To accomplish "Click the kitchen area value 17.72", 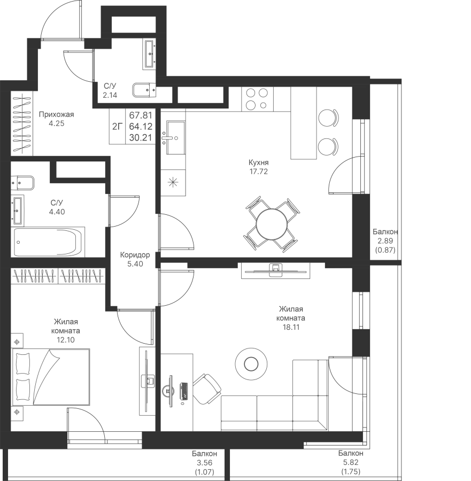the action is click(258, 172).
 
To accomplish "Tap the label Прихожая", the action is click(57, 114).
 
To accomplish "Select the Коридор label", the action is click(135, 255).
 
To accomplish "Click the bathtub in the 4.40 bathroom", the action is click(48, 242).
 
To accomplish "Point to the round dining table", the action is click(272, 224).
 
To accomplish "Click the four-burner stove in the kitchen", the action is click(257, 99).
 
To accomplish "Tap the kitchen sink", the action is click(175, 137).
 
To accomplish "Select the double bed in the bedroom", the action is click(51, 377).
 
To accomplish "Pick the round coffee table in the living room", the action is click(251, 364).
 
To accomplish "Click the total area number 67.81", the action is click(141, 115).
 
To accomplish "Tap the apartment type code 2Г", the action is click(117, 126).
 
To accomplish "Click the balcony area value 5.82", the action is click(351, 462).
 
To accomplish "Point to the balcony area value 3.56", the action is click(205, 463).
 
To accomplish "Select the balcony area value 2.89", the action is click(385, 241).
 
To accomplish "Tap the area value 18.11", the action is click(291, 327).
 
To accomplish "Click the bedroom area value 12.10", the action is click(65, 340).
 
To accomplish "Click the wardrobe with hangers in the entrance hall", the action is click(22, 123).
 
